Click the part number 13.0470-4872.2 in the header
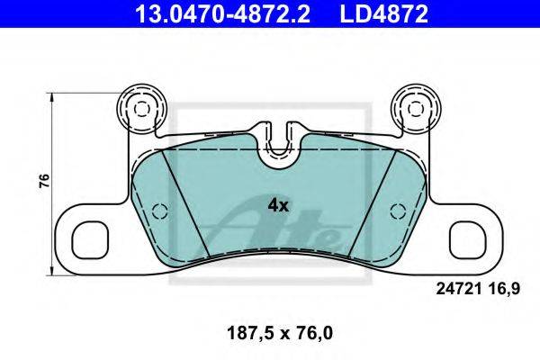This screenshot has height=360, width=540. [222, 14]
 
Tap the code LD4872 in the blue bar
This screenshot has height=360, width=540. [384, 14]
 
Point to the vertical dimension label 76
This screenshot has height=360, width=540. [44, 181]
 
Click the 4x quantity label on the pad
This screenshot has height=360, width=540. [278, 206]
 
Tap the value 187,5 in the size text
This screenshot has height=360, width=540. [249, 334]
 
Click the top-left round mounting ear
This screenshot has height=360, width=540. [141, 109]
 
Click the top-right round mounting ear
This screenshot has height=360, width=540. [417, 109]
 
